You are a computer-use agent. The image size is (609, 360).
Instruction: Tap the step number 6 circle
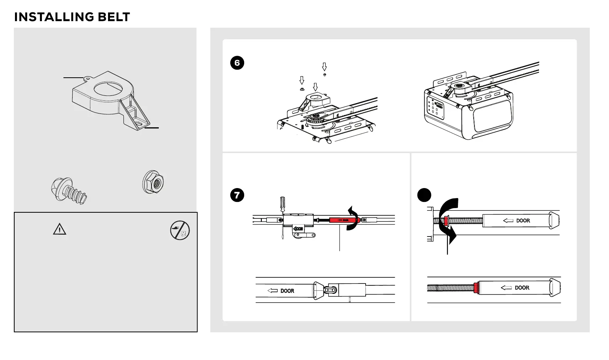pos(237,63)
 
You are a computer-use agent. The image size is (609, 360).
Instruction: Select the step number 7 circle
pos(237,195)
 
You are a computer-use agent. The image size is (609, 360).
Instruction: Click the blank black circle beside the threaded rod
pos(424,195)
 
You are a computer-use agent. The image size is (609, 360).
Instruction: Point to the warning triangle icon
pos(60,230)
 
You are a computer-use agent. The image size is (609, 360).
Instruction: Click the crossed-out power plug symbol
pos(180,230)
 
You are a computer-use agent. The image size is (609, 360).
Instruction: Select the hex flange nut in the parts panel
pos(153,182)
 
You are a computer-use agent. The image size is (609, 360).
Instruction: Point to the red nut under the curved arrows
pos(446,221)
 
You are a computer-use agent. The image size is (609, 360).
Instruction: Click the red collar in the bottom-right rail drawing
pos(477,288)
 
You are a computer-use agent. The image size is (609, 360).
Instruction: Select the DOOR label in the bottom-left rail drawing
pos(287,291)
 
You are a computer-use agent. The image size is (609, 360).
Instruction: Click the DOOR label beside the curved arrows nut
pos(522,221)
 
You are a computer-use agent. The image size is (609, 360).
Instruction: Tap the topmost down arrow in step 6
pos(324,67)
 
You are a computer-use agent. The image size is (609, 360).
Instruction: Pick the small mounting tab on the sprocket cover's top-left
pos(87,78)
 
